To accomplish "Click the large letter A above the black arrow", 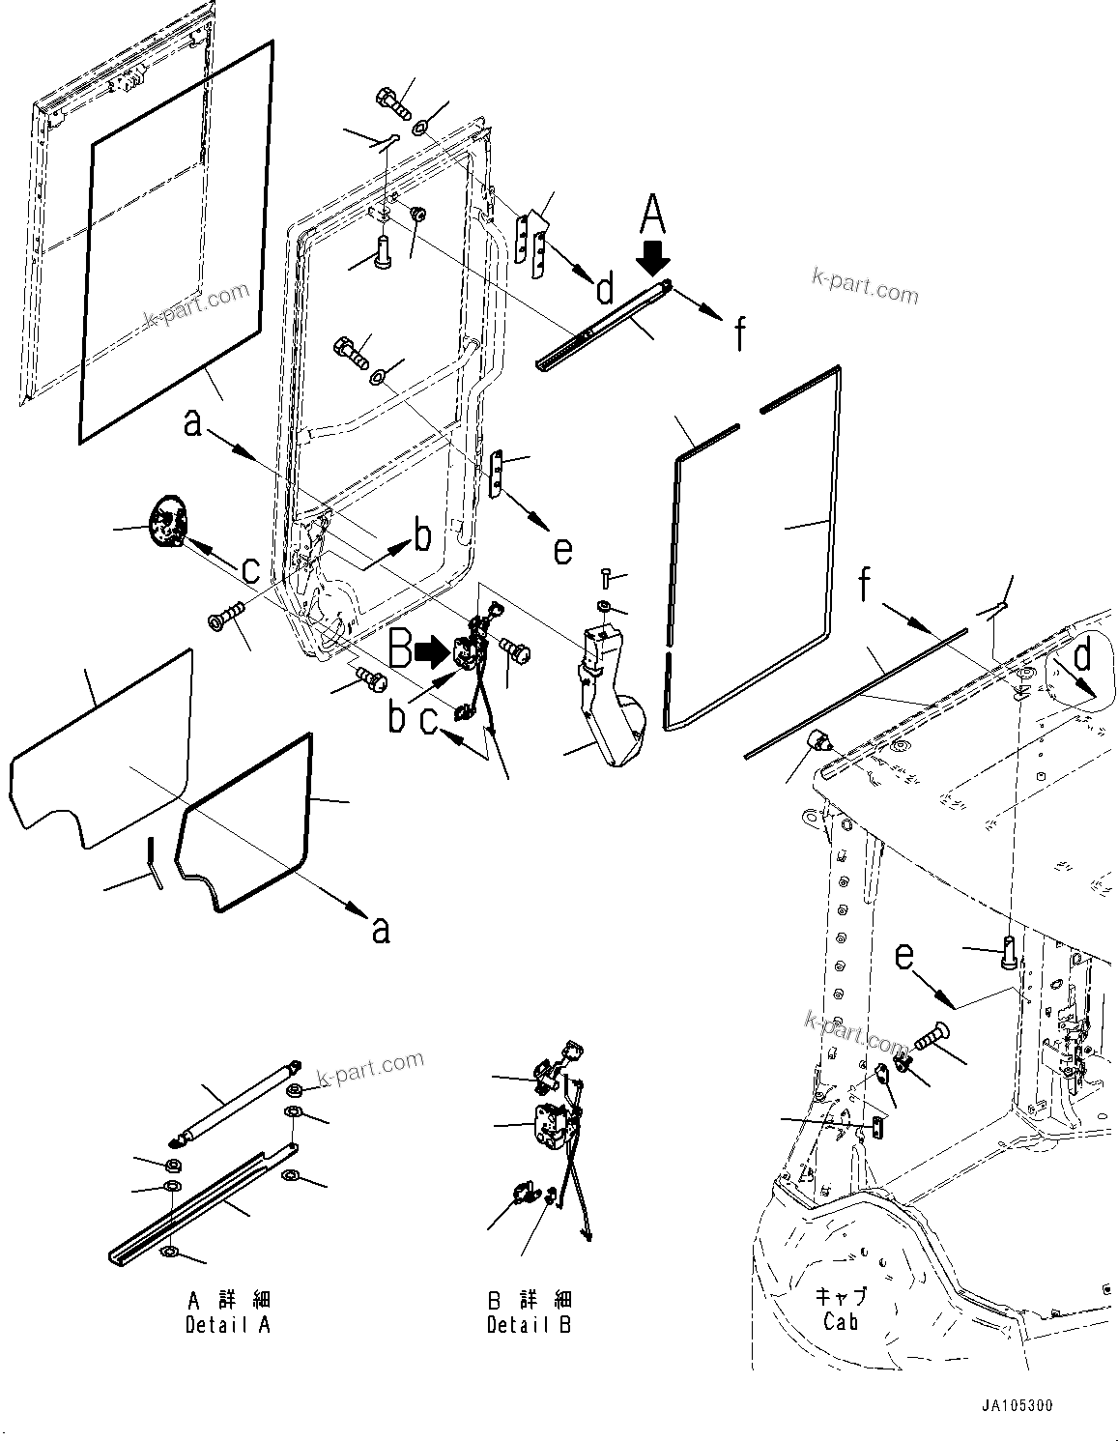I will point(654,214).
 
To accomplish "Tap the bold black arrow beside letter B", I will point(429,653).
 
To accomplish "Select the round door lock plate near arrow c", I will point(167,521).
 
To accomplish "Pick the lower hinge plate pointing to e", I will point(498,473).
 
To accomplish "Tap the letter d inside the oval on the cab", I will point(1082,656).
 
